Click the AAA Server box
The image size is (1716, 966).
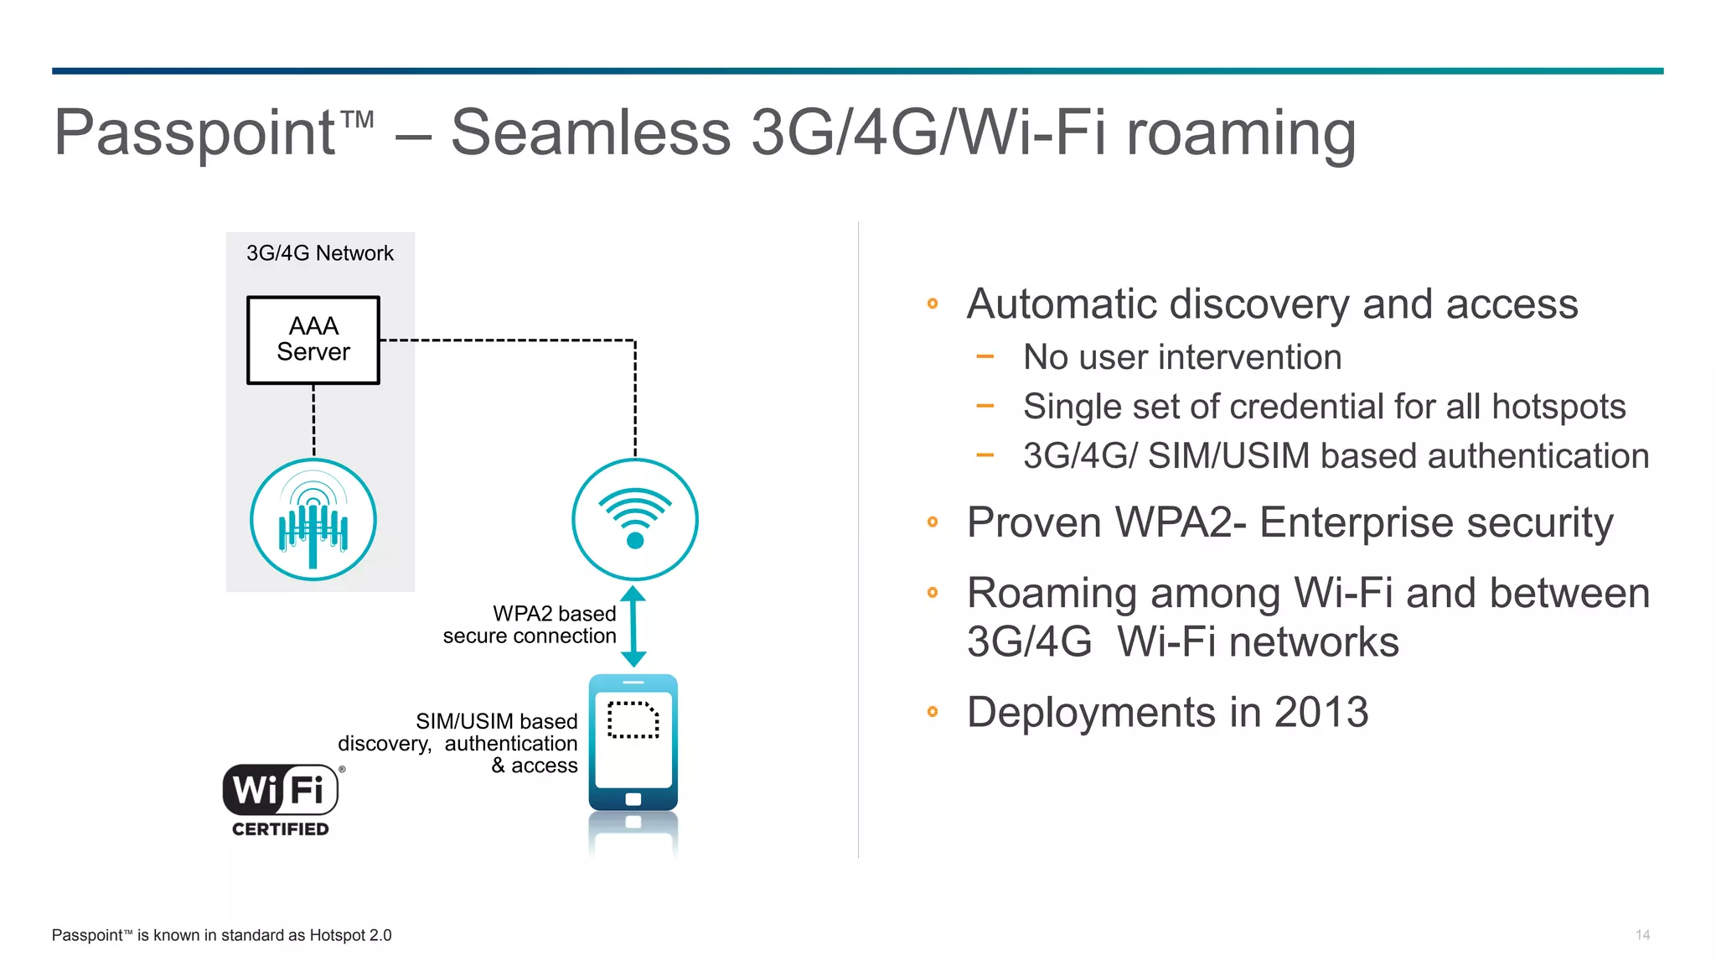(313, 340)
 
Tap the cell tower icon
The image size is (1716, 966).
(313, 520)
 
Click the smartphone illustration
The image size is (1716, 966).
(633, 742)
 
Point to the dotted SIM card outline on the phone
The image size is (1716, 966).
(633, 719)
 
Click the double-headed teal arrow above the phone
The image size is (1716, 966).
(633, 626)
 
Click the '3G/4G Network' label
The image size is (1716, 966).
(319, 253)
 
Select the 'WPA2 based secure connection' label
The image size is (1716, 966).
(530, 625)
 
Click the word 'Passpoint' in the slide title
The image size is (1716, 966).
(194, 132)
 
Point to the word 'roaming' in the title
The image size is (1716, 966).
(1241, 132)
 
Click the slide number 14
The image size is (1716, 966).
(1642, 935)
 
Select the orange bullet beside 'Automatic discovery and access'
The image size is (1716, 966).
(933, 304)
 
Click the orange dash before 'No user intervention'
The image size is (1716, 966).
(985, 357)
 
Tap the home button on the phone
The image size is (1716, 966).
(633, 799)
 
